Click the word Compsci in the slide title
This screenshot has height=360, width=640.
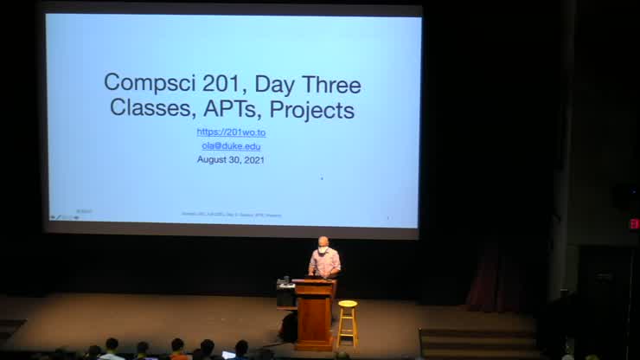pos(145,84)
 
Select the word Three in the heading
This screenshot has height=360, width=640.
pos(327,84)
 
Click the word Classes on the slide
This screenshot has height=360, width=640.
pos(147,111)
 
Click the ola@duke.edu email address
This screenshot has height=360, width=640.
pos(230,146)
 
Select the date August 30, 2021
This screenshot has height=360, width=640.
pos(230,159)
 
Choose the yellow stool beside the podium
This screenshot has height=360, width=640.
pos(348,324)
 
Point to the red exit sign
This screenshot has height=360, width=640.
pos(633,223)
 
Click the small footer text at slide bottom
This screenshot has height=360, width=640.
pos(231,215)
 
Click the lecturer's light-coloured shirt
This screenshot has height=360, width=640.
pos(324,263)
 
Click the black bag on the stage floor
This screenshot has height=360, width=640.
pos(288,327)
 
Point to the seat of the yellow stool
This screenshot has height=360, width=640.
pos(348,304)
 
